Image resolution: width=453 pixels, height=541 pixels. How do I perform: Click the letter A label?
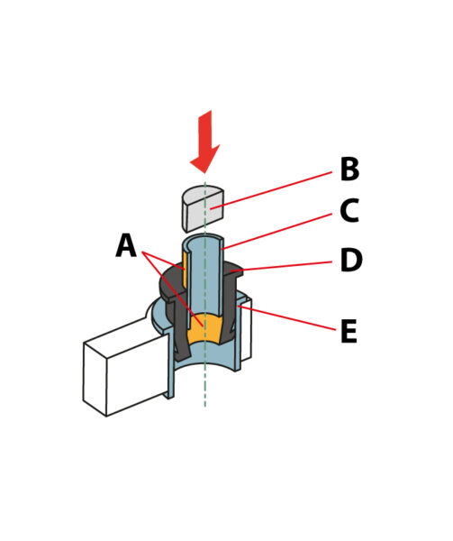pos(126,245)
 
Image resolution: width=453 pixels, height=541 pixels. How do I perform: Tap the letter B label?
pos(349,169)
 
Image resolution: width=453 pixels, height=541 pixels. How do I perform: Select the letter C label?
pos(349,210)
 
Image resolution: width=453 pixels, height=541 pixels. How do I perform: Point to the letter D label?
pos(351,260)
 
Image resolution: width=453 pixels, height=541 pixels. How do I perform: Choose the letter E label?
pos(349,331)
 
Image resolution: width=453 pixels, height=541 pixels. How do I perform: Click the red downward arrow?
pos(205,142)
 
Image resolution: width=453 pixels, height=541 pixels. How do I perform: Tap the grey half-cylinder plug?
pos(203,208)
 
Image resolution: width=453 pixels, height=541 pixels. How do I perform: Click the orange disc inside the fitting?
pos(204,329)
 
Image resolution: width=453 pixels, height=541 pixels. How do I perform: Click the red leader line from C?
pos(276,231)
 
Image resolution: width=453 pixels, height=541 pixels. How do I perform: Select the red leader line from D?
pos(282,266)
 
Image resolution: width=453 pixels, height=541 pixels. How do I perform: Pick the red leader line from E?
pos(286,317)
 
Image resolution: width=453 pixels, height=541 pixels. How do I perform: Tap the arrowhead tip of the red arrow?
pos(205,173)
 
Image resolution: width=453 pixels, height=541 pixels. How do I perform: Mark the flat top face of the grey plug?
pos(204,193)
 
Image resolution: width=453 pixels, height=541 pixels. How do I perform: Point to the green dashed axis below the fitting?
pos(205,387)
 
